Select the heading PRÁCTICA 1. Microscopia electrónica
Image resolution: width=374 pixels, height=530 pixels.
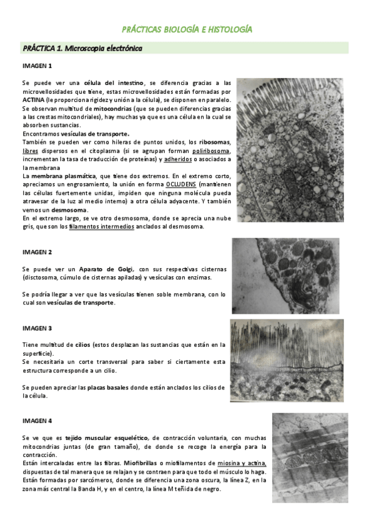(x=82, y=48)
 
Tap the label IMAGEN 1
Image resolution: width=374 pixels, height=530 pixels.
(x=37, y=66)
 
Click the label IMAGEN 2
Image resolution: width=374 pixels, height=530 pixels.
(x=37, y=252)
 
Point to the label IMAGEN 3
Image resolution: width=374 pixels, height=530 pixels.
(x=37, y=328)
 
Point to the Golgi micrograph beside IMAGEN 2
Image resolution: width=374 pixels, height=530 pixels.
(x=285, y=276)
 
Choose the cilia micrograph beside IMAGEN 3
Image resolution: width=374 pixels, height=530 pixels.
(x=286, y=361)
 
